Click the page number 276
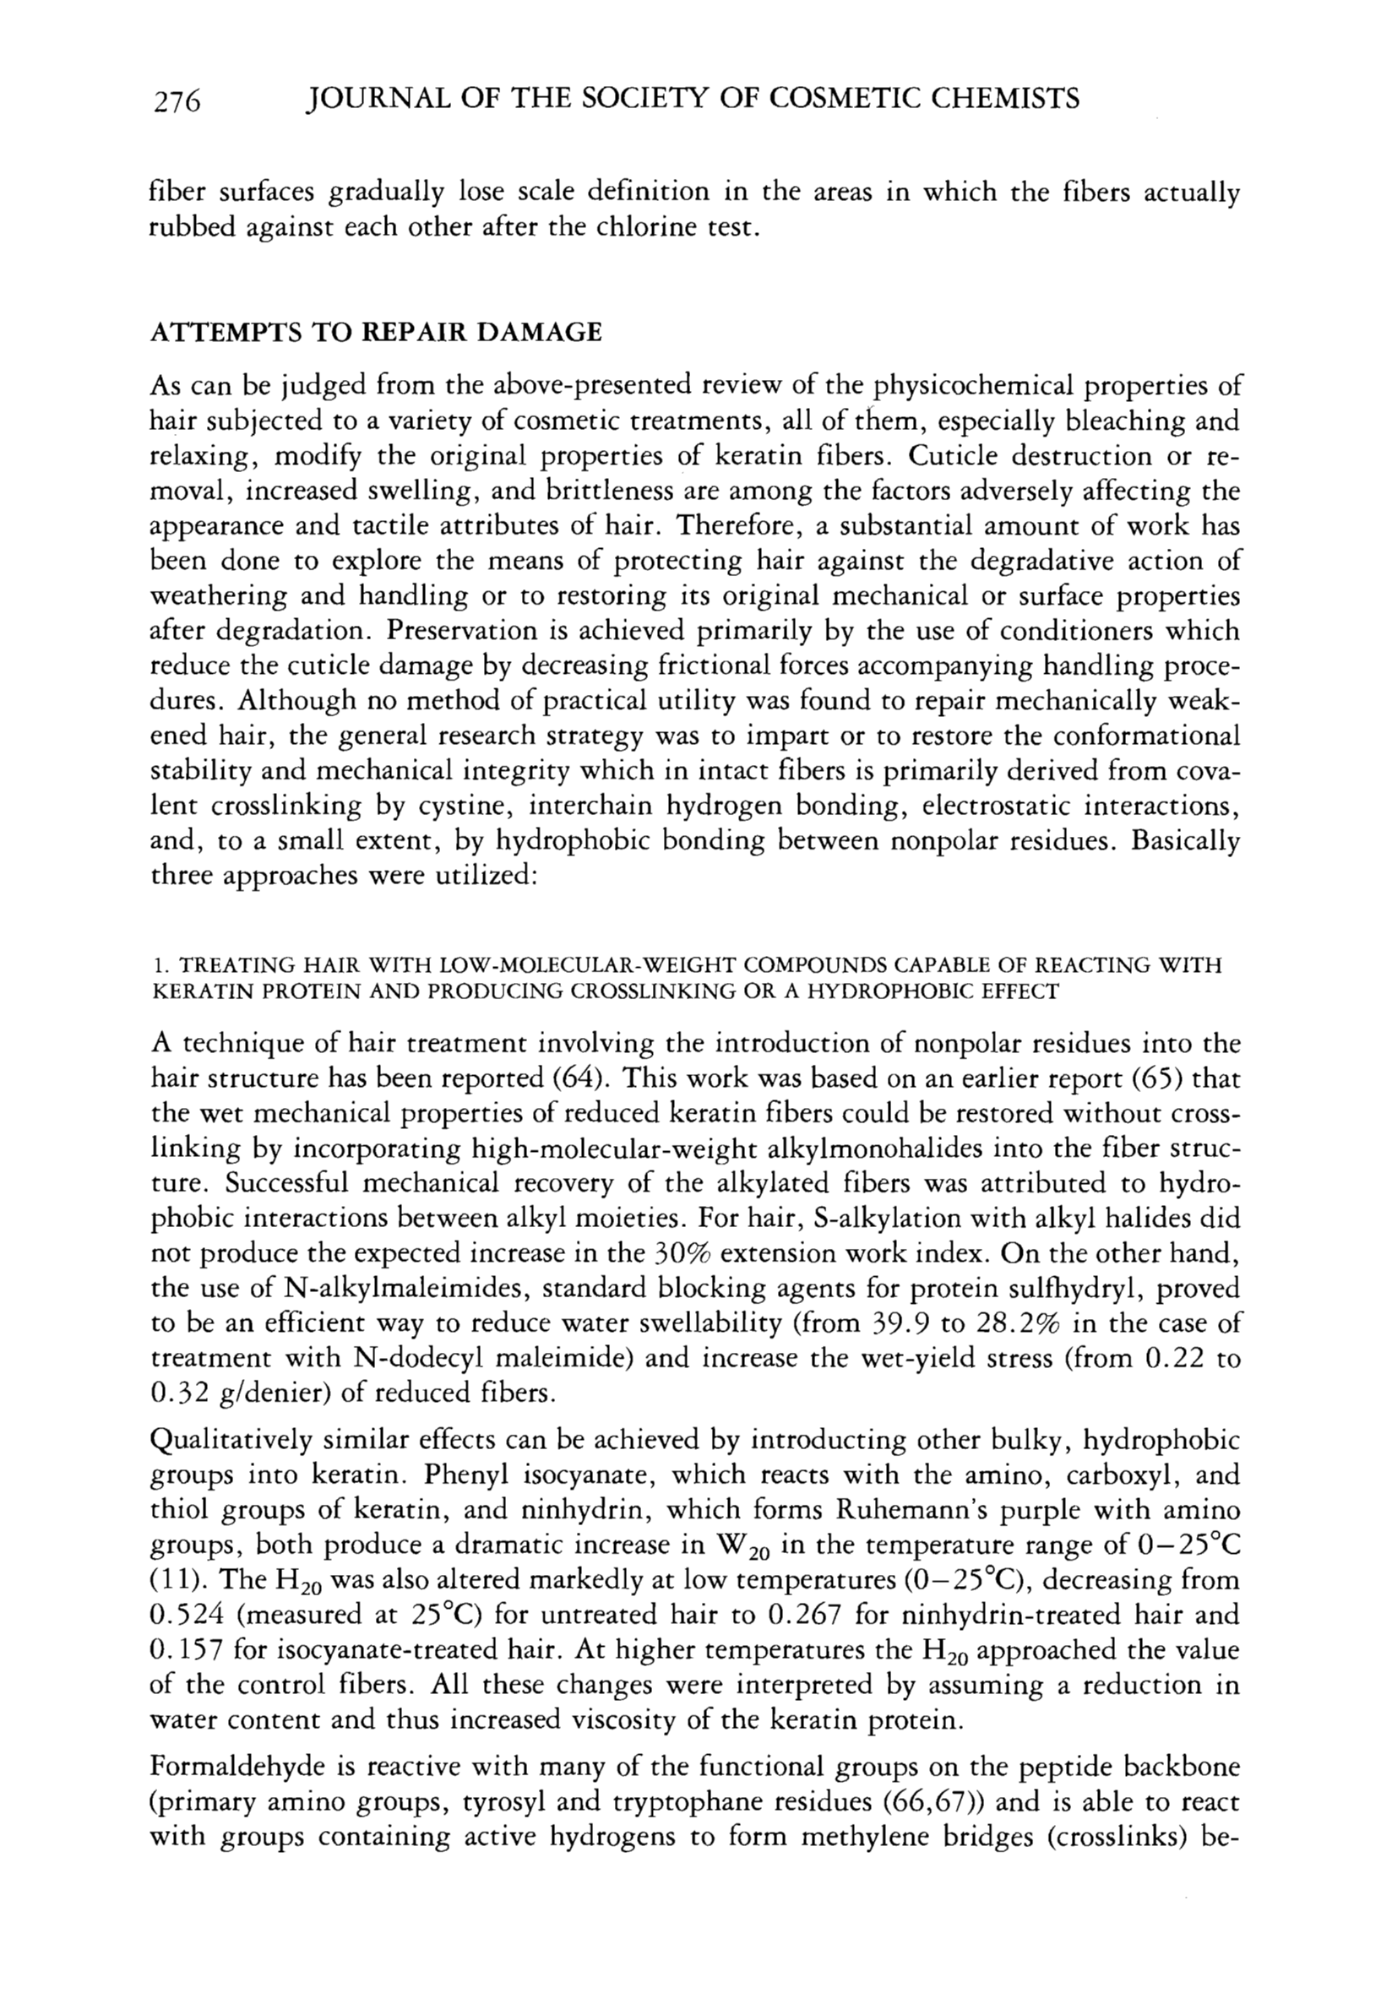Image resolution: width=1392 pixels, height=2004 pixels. pos(177,101)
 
